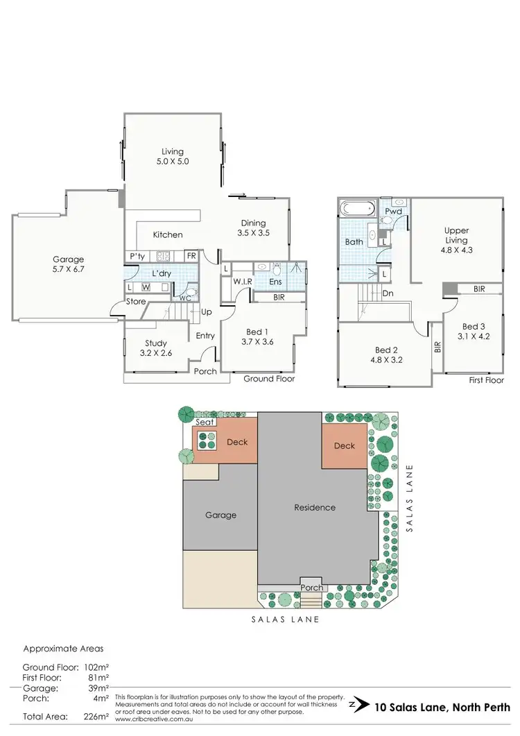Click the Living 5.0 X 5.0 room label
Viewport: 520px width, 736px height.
click(x=173, y=156)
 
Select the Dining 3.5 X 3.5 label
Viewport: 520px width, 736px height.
click(x=253, y=228)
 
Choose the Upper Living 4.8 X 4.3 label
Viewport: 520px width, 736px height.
click(x=457, y=236)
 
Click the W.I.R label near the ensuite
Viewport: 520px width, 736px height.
click(x=242, y=282)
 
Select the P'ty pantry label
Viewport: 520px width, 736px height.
click(x=137, y=257)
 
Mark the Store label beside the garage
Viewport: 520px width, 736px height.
click(x=135, y=302)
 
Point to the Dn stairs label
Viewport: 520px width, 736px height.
click(x=388, y=293)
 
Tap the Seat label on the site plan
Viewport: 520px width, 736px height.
click(x=205, y=422)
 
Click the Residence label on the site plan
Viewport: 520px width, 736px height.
click(x=315, y=507)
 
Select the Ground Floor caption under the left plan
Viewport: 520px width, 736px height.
click(x=268, y=379)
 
